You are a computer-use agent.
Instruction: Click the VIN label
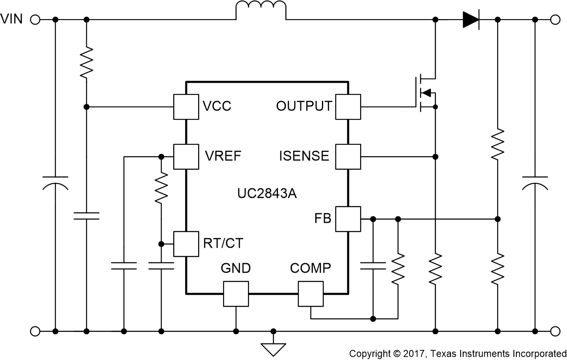click(12, 19)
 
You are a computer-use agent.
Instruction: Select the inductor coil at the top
click(261, 11)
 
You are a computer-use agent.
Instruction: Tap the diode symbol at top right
click(471, 20)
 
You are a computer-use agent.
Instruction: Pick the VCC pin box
click(186, 107)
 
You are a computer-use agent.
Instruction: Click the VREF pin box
click(186, 157)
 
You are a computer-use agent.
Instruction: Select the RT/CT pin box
click(186, 244)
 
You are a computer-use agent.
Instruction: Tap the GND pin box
click(236, 294)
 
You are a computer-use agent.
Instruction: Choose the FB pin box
click(348, 219)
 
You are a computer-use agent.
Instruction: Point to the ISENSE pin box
click(348, 157)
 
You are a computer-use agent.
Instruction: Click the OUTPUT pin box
click(348, 107)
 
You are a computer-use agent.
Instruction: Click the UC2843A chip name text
click(267, 194)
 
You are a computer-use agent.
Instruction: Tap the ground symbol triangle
click(273, 348)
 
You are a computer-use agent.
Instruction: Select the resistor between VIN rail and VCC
click(86, 62)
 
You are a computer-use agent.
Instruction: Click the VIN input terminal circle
click(35, 20)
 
